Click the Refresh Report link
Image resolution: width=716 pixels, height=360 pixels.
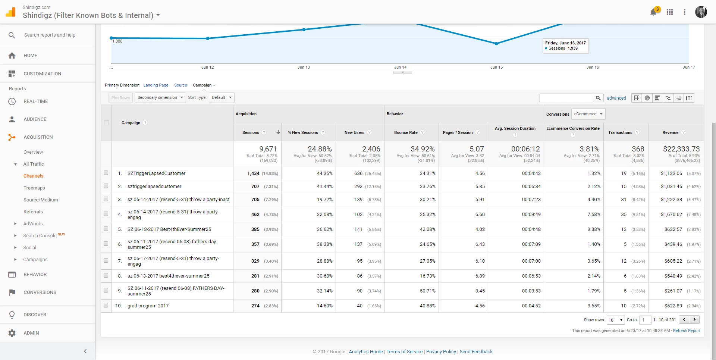point(687,331)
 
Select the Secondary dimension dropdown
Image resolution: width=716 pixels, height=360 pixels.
point(160,98)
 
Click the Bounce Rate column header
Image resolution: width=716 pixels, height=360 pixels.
point(406,132)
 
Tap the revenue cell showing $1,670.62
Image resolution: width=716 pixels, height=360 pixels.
point(671,215)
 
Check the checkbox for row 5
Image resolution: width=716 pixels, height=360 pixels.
point(106,229)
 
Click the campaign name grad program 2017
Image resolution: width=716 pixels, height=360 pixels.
point(148,306)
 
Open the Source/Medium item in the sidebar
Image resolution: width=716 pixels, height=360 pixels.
point(41,200)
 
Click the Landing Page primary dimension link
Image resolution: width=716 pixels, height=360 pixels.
point(156,85)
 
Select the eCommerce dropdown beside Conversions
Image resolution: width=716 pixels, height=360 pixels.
point(588,114)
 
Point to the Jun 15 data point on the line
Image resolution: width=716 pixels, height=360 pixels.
point(496,44)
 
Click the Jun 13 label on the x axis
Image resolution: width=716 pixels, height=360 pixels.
point(304,68)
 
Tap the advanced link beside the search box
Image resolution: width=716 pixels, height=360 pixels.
point(616,98)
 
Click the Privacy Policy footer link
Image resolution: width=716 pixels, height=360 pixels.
point(441,352)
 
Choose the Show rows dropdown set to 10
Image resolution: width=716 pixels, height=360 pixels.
point(615,320)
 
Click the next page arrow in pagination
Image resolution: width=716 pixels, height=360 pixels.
point(694,320)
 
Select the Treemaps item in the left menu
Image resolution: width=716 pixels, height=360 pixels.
point(34,188)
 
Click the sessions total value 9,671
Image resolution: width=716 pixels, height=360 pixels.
point(268,149)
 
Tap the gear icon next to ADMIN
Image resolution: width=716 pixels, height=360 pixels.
point(12,333)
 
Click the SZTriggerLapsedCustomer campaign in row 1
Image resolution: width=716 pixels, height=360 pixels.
point(156,173)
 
